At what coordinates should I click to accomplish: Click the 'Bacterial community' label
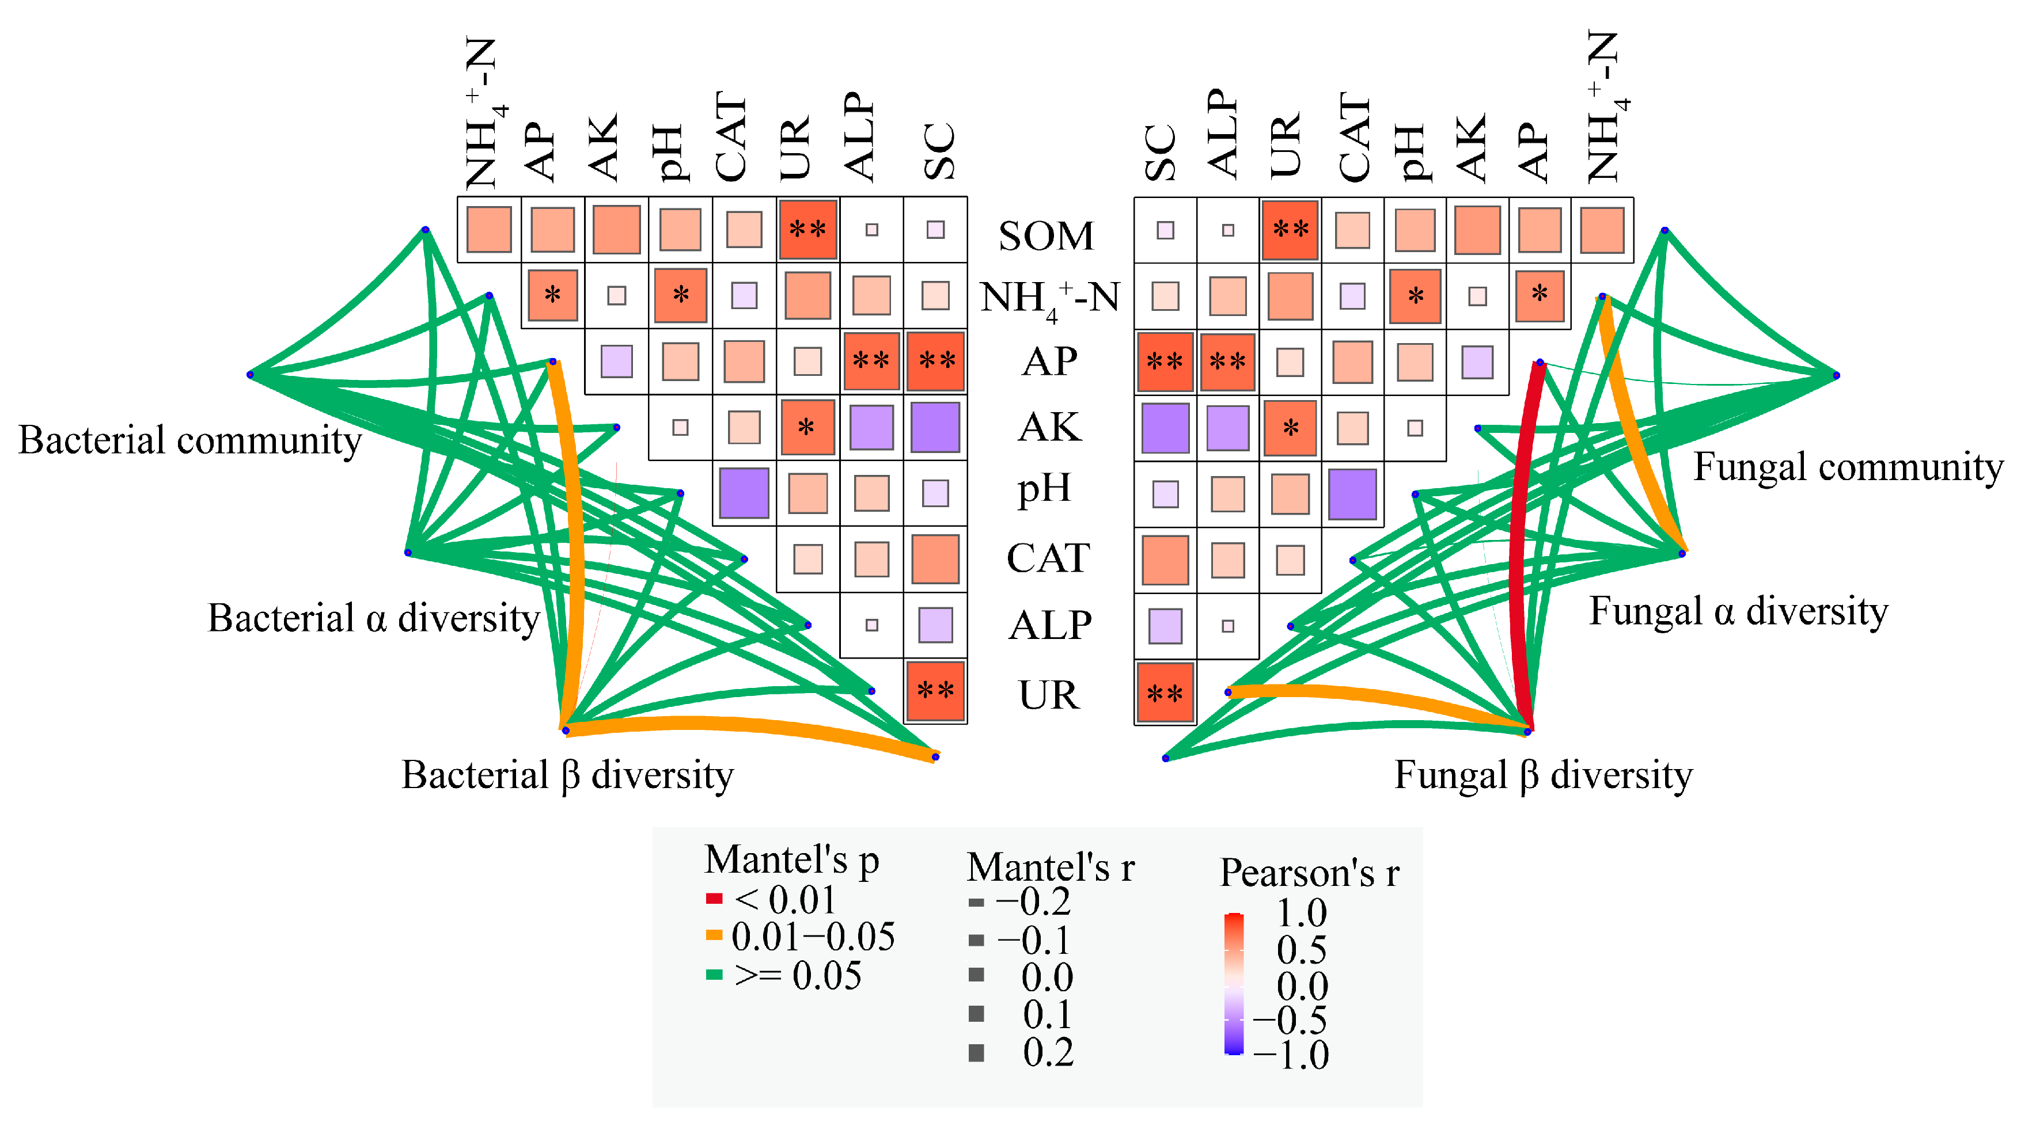189,440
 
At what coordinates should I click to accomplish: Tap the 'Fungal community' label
1847,467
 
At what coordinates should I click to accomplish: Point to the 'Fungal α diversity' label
1738,611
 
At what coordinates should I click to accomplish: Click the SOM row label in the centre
1046,235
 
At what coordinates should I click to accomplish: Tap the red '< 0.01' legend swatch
714,899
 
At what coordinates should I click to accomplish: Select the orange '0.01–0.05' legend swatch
714,935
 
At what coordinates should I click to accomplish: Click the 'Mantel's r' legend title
1051,868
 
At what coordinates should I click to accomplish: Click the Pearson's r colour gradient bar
1233,984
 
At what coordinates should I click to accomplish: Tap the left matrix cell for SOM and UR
807,230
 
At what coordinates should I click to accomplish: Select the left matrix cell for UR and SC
935,691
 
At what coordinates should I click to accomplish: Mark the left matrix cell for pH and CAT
744,493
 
